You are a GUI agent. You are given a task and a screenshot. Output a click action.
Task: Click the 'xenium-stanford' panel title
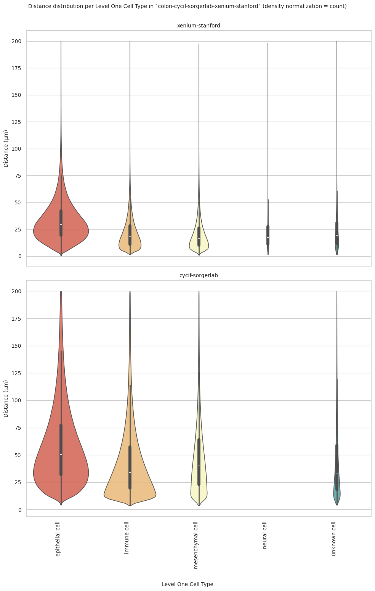(199, 26)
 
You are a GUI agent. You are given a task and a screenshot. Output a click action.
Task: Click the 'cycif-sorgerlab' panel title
(199, 275)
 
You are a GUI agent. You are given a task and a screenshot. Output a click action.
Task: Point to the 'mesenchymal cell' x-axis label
(196, 545)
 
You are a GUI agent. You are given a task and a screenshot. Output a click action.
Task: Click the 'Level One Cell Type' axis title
(187, 584)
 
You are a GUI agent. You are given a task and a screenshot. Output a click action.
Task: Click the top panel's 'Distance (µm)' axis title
(6, 148)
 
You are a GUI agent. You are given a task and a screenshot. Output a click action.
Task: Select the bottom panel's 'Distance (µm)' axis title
(6, 398)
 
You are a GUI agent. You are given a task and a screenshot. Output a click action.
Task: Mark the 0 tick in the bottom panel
(20, 510)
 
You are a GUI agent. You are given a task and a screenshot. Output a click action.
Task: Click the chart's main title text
(187, 6)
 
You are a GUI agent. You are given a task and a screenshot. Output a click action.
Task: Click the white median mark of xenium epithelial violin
(61, 225)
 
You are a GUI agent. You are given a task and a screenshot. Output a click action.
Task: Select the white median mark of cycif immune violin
(130, 472)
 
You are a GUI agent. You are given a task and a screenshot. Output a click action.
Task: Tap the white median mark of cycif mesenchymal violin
(199, 466)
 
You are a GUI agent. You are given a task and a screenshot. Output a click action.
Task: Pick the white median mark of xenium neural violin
(268, 238)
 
